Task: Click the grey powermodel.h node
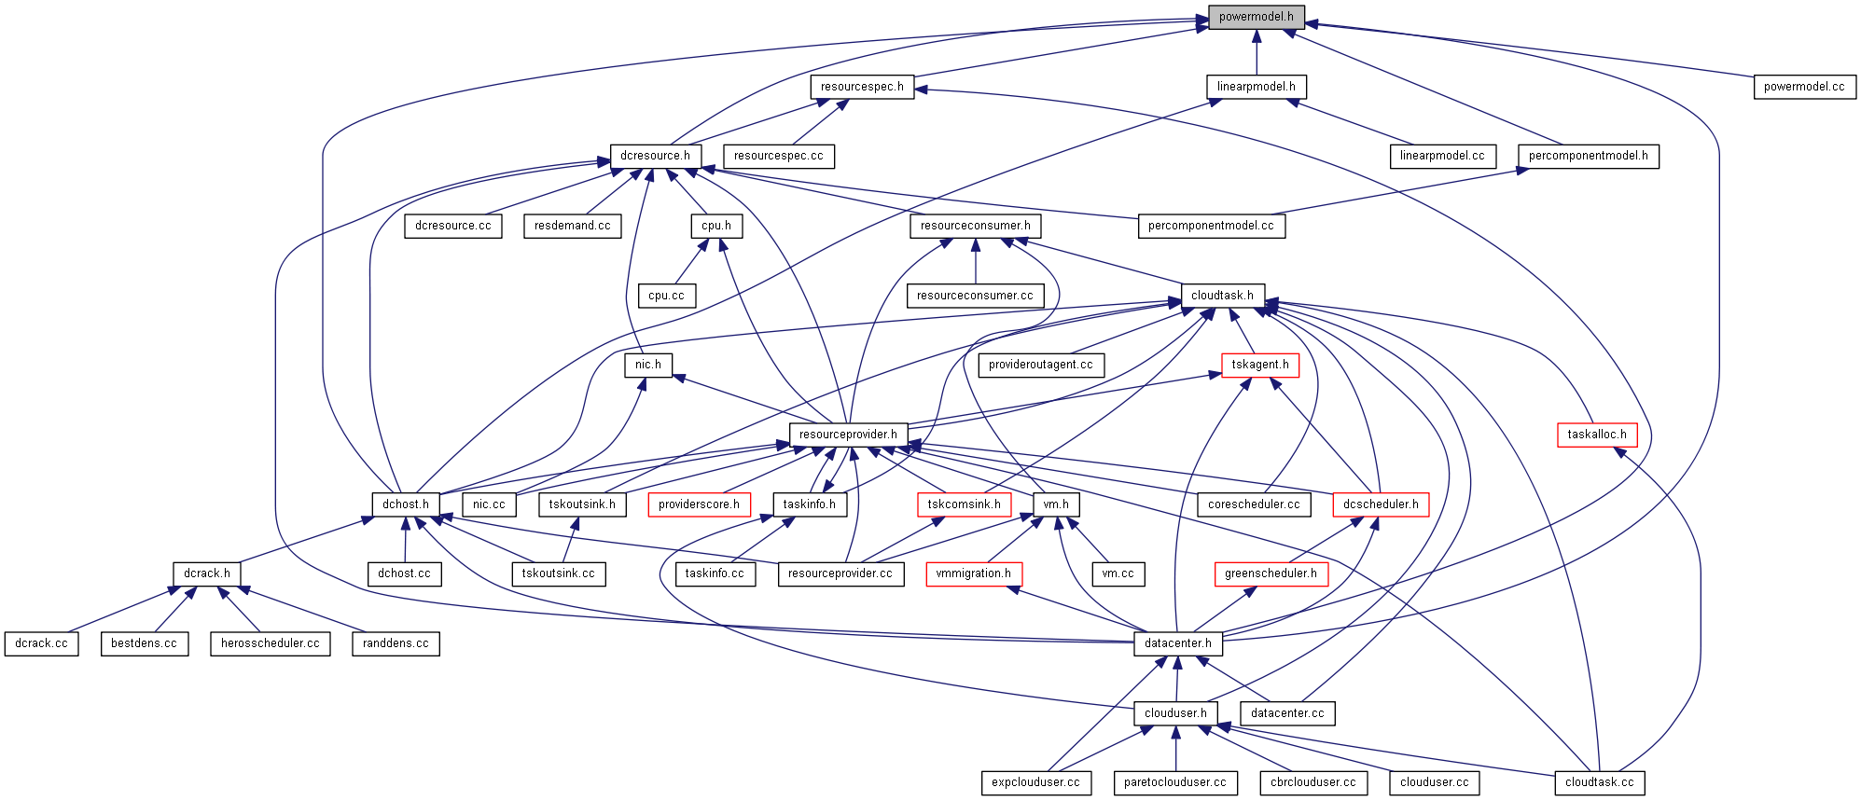tap(1256, 17)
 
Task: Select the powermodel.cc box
tap(1804, 87)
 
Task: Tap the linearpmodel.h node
tap(1256, 87)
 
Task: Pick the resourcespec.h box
tap(862, 87)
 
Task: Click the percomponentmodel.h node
tap(1588, 156)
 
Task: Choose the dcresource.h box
tap(655, 156)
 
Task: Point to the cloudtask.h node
tap(1222, 296)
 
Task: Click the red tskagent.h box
tap(1259, 365)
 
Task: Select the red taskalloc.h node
tap(1597, 435)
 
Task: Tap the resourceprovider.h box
tap(848, 435)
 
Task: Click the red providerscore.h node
tap(699, 504)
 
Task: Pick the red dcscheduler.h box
tap(1381, 504)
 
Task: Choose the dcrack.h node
tap(207, 573)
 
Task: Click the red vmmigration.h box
tap(973, 573)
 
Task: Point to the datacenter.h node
tap(1177, 643)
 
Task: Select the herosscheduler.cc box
tap(270, 643)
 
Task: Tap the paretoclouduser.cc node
tap(1174, 782)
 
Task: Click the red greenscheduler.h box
tap(1271, 573)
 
